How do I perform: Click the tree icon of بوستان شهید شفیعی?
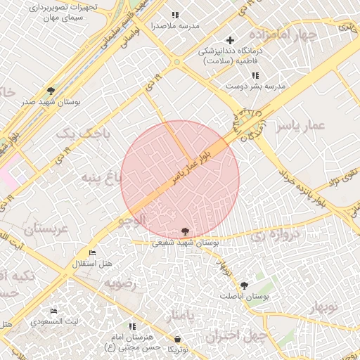point(185,231)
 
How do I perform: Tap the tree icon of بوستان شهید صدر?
point(51,91)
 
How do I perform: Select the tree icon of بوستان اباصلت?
point(244,285)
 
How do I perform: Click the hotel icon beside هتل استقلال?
point(92,252)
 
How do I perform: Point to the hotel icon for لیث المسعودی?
point(53,311)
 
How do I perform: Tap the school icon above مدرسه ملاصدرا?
point(175,15)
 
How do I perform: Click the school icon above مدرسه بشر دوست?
point(255,75)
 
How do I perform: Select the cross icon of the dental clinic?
point(230,40)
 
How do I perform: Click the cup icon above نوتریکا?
point(177,340)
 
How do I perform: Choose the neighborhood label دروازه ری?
point(276,234)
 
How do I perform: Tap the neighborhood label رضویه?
point(124,283)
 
